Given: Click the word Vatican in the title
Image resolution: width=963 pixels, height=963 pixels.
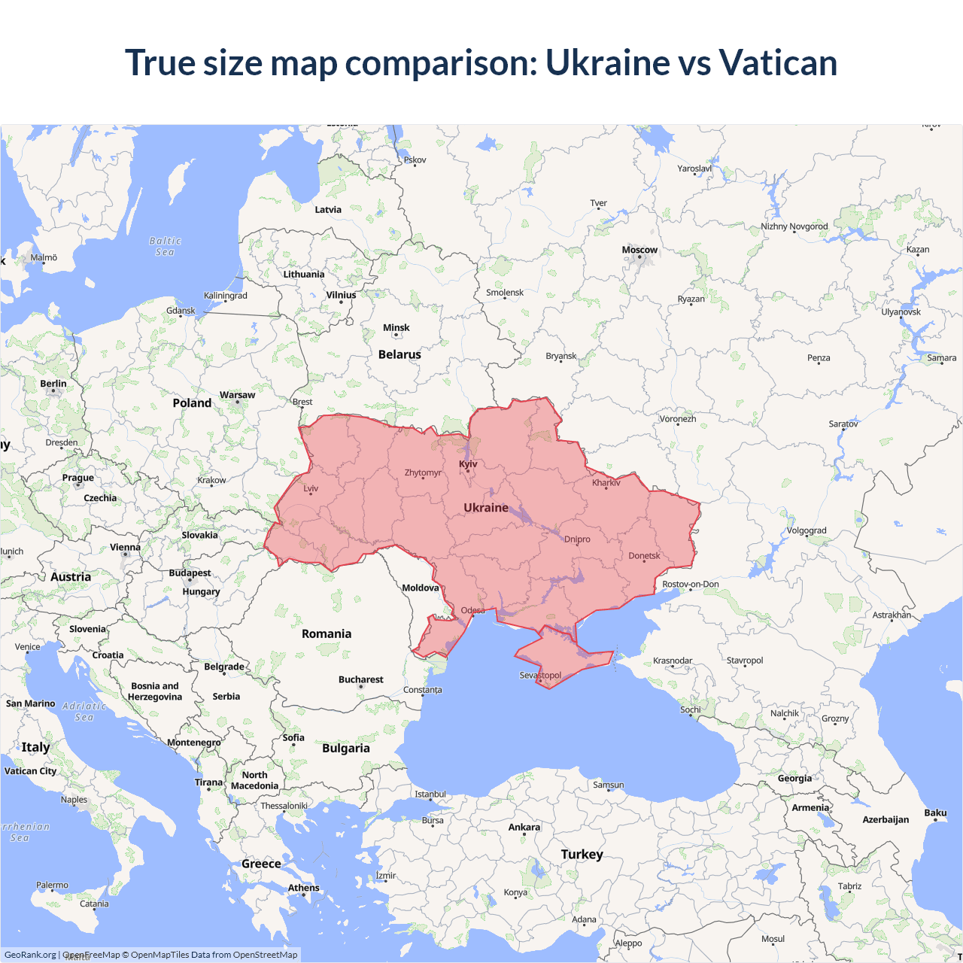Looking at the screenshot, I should (x=777, y=62).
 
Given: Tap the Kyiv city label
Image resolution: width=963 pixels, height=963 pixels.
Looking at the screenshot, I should (x=468, y=464).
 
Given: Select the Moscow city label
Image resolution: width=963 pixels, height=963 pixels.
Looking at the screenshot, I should (x=639, y=250).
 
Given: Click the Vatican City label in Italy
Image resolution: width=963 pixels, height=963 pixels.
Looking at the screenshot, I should (x=31, y=771).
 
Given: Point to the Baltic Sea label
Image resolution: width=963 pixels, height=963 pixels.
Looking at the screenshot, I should (x=166, y=247).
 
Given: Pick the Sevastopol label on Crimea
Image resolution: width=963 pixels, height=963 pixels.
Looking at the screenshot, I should (x=540, y=675).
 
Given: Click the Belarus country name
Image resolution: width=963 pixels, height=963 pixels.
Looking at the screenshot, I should (x=399, y=354).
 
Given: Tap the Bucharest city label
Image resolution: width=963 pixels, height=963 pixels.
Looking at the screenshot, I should (x=361, y=679).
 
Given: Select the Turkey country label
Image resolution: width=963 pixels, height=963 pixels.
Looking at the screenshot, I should (x=582, y=855).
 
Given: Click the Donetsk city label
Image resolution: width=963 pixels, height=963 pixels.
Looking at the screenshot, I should (x=644, y=556).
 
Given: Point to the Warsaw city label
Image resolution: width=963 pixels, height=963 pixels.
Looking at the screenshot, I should (x=237, y=395).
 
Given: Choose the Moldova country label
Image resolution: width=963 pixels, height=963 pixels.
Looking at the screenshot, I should (x=420, y=588).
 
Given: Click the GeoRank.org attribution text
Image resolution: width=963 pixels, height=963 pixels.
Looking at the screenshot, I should (x=30, y=955).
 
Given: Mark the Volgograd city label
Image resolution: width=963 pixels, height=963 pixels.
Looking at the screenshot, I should (x=807, y=530).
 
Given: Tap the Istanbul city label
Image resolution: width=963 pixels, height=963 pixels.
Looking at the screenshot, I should (x=430, y=794).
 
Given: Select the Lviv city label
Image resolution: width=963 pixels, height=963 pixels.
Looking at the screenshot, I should (x=311, y=488).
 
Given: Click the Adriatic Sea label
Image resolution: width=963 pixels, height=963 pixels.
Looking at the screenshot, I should (x=84, y=712).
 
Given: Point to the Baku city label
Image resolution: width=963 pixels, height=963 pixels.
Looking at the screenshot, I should (x=935, y=813).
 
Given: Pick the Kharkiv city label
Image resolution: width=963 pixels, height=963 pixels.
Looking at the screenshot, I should (x=606, y=482).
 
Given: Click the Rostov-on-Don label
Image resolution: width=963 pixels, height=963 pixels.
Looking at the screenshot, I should (x=690, y=585).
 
